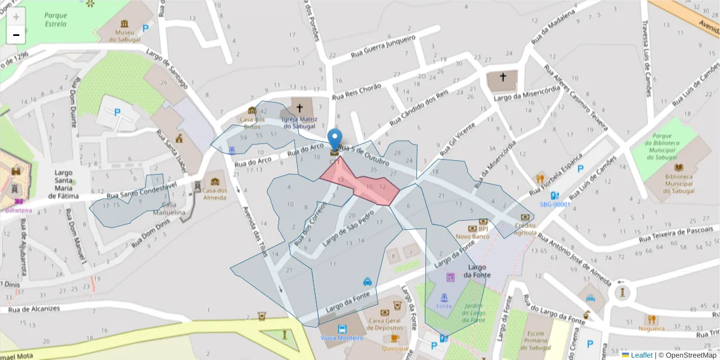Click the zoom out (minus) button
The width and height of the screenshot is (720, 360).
point(16,35)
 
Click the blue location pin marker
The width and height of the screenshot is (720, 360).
point(335,140)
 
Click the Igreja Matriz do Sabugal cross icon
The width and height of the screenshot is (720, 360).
point(299,109)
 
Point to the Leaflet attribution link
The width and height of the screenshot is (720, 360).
point(641,355)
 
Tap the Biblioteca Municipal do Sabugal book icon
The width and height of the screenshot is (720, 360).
point(679,167)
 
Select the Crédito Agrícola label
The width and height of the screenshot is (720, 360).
point(525,229)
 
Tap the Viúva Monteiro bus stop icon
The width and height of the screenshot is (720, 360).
point(342,329)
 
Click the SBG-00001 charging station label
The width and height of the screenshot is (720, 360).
point(555,204)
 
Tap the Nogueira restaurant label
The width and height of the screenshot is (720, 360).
point(652,328)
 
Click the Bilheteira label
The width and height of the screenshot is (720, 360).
point(19,210)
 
